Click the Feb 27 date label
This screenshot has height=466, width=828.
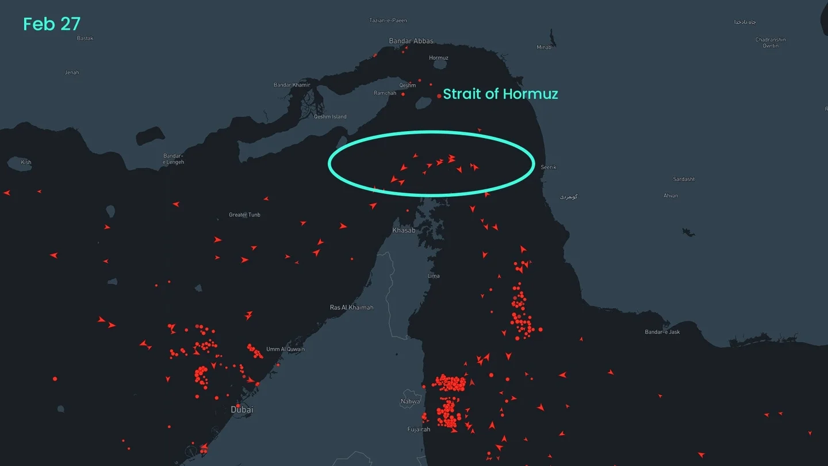pyautogui.click(x=51, y=24)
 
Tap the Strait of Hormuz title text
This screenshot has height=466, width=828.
pyautogui.click(x=500, y=94)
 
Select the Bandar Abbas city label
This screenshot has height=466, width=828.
pyautogui.click(x=411, y=41)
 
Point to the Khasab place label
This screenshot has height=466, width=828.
pyautogui.click(x=404, y=231)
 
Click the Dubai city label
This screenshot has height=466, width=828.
pyautogui.click(x=241, y=410)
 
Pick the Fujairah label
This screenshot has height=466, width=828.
pyautogui.click(x=419, y=430)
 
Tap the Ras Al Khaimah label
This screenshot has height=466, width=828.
pyautogui.click(x=351, y=307)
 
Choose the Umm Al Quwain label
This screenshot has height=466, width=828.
pyautogui.click(x=285, y=349)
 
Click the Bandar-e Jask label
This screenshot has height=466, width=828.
pyautogui.click(x=662, y=332)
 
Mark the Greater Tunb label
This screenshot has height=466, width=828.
pyautogui.click(x=244, y=215)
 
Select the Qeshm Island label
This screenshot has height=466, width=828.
pyautogui.click(x=330, y=117)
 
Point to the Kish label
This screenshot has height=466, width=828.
pyautogui.click(x=26, y=162)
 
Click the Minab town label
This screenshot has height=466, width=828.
pyautogui.click(x=543, y=47)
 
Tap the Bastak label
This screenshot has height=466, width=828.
pyautogui.click(x=85, y=39)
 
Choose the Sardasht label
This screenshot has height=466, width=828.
pyautogui.click(x=684, y=179)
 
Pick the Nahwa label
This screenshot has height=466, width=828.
pyautogui.click(x=411, y=402)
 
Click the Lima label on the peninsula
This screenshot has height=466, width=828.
pyautogui.click(x=434, y=276)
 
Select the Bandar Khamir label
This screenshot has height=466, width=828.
pyautogui.click(x=292, y=85)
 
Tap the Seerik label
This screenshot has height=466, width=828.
pyautogui.click(x=548, y=167)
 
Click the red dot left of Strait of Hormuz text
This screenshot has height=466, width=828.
pyautogui.click(x=439, y=96)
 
